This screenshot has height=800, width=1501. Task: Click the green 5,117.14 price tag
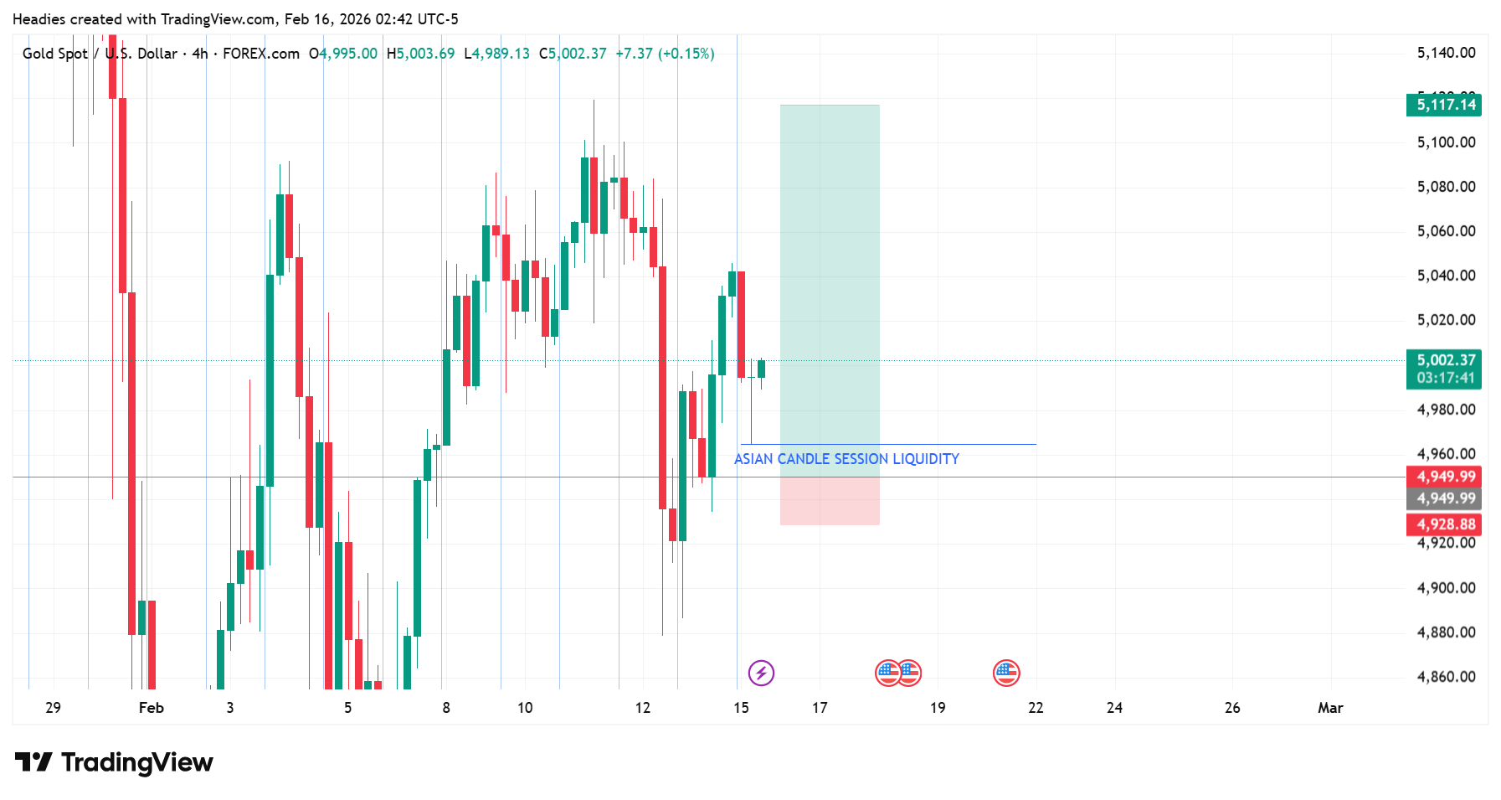tap(1444, 105)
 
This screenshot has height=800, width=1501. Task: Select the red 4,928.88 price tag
tap(1444, 524)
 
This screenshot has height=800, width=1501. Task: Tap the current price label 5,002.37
tap(1444, 360)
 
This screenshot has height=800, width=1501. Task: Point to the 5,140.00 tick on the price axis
tap(1446, 53)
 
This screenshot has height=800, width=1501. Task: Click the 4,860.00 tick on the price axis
tap(1446, 676)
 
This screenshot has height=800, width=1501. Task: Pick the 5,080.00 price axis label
tap(1446, 186)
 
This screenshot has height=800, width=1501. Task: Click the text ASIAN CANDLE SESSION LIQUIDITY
tap(846, 459)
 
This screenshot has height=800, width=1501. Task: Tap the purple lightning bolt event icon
tap(761, 673)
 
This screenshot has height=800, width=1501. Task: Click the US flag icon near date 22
tap(1006, 673)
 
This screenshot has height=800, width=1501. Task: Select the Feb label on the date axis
tap(151, 708)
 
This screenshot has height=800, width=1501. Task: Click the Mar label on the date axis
tap(1329, 708)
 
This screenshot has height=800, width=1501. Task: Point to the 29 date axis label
tap(53, 708)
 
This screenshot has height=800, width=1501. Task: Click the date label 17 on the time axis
tap(820, 708)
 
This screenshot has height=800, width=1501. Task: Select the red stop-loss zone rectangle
tap(830, 501)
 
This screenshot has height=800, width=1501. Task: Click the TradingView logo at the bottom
tap(115, 762)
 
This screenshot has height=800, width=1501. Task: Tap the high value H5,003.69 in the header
tap(420, 54)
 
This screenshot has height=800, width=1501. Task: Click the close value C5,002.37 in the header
tap(573, 54)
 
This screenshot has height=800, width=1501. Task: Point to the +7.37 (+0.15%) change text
tap(665, 54)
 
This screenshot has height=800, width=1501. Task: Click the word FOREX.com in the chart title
tap(261, 54)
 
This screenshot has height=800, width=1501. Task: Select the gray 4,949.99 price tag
tap(1444, 498)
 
